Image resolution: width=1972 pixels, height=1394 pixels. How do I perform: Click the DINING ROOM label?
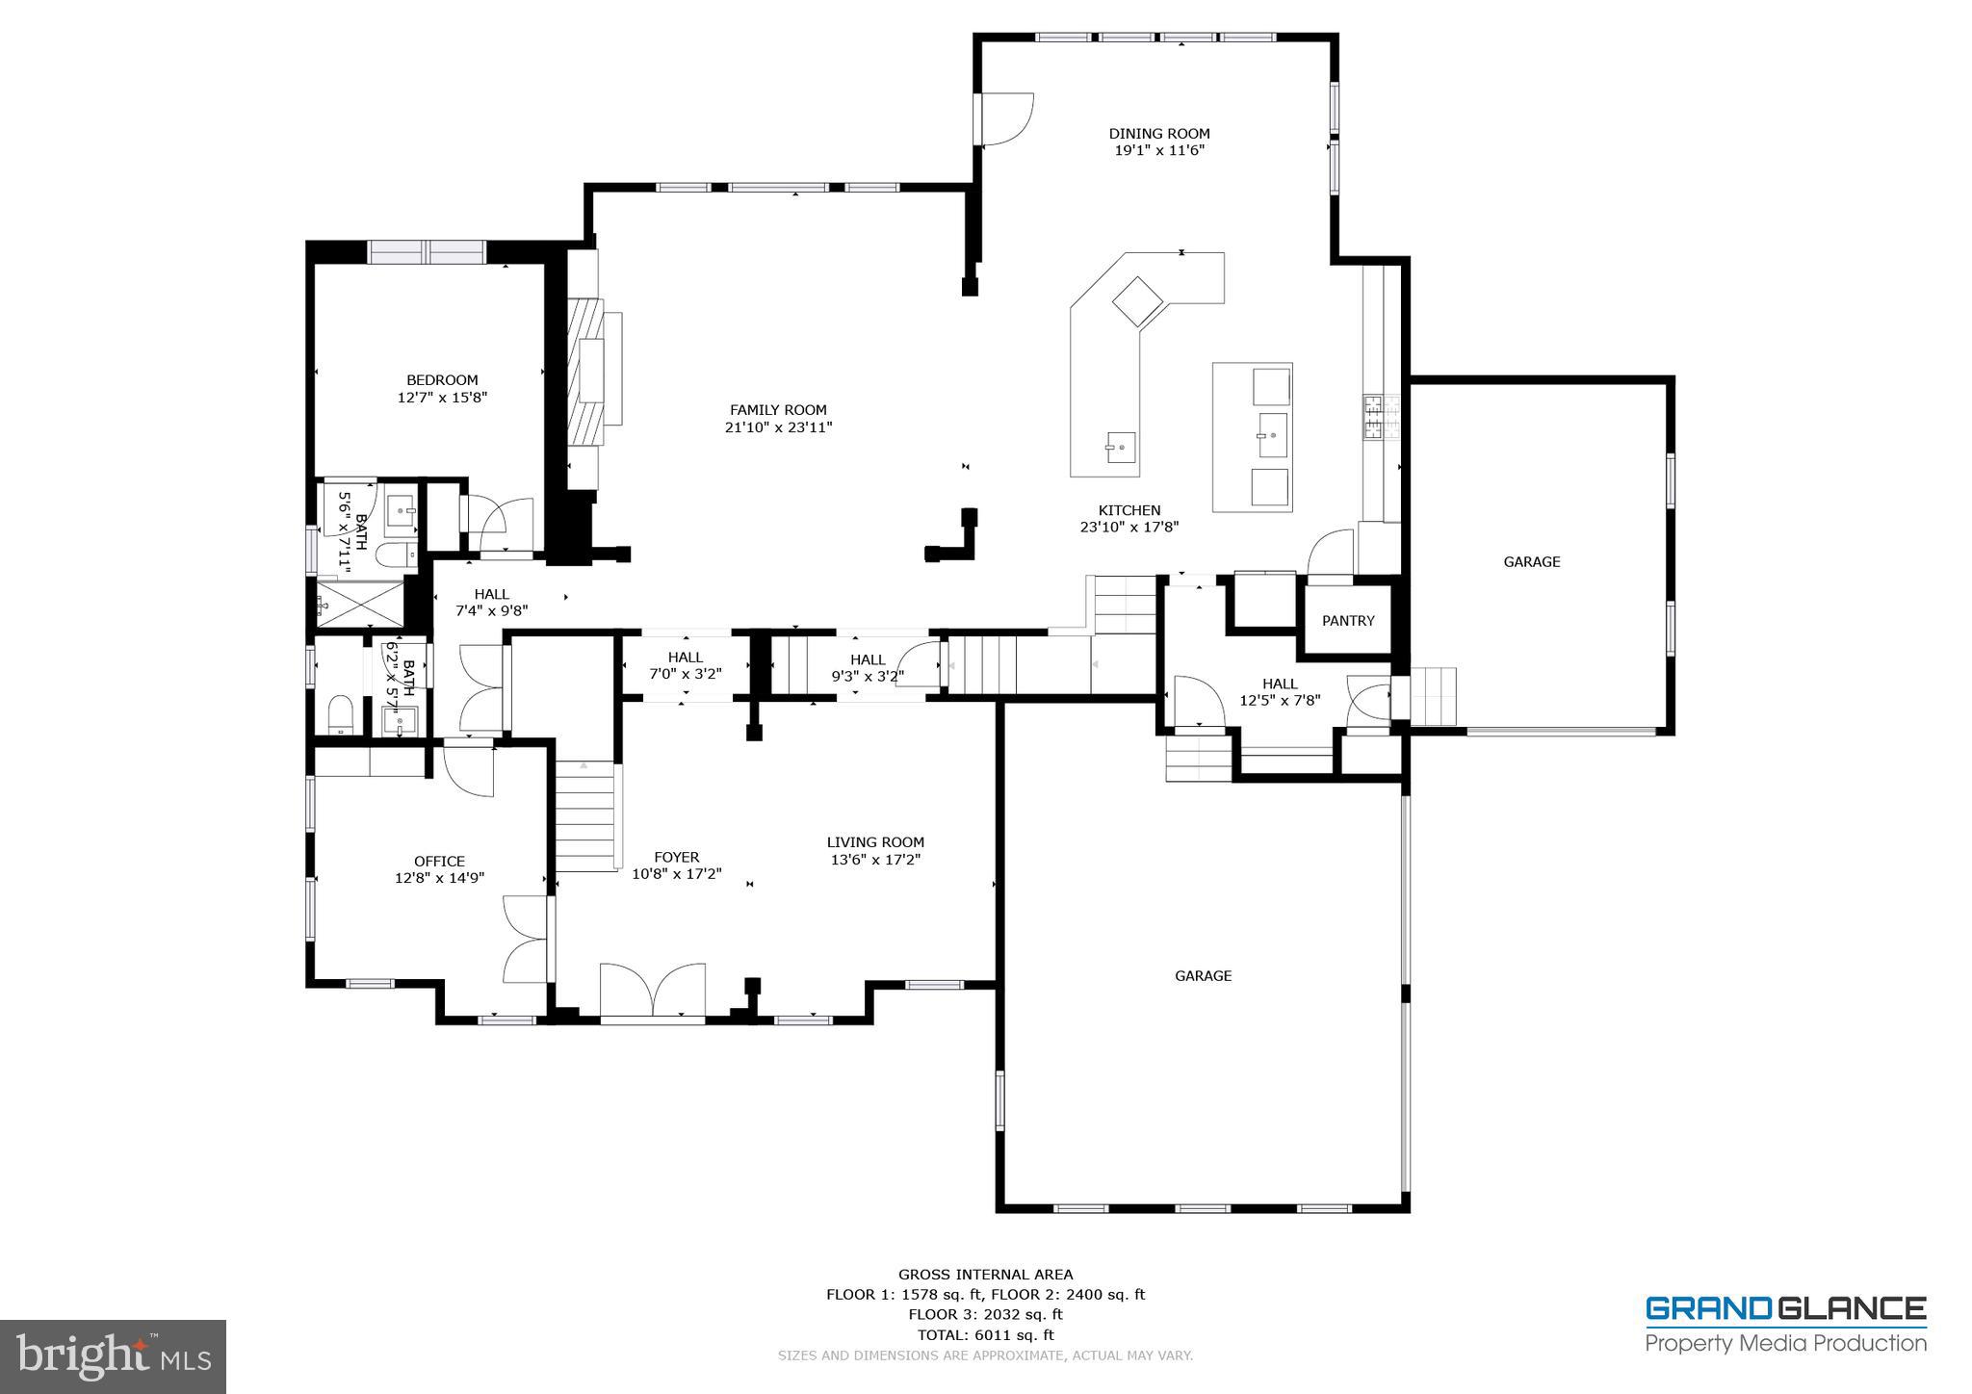click(x=1158, y=134)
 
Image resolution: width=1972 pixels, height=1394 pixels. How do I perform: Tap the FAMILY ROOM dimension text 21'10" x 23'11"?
click(x=778, y=427)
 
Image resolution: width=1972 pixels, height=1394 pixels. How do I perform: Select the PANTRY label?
click(x=1348, y=621)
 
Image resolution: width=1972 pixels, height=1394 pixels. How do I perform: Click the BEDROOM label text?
click(x=442, y=380)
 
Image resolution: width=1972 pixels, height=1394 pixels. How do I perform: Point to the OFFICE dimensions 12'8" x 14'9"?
click(x=439, y=878)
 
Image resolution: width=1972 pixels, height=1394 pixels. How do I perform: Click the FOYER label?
click(x=676, y=857)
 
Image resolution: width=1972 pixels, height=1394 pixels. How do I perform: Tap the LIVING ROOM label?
click(x=875, y=842)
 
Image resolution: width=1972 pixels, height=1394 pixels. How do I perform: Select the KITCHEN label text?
click(x=1129, y=510)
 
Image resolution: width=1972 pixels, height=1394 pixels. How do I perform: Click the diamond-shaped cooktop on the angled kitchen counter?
click(x=1137, y=300)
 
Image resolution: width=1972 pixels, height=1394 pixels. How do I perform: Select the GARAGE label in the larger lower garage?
click(x=1203, y=976)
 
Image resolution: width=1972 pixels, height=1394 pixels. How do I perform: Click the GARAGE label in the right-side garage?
click(x=1531, y=562)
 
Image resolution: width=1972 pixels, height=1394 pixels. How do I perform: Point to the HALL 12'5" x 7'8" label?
click(x=1280, y=692)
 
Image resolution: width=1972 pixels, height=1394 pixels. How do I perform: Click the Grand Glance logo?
click(x=1785, y=1324)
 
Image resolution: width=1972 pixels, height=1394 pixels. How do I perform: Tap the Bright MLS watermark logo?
click(x=113, y=1356)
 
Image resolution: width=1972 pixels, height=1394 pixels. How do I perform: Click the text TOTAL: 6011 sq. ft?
click(x=984, y=1334)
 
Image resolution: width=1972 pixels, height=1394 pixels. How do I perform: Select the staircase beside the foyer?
click(x=585, y=814)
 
